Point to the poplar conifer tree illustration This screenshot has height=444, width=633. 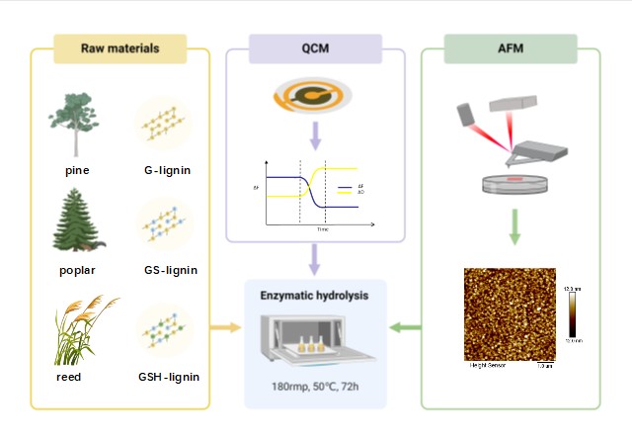pos(76,222)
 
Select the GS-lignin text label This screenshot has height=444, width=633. pos(169,269)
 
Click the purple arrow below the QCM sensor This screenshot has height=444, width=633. pos(315,136)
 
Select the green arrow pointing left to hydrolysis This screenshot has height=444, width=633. pos(403,326)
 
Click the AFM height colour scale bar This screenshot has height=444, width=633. pos(571,314)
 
